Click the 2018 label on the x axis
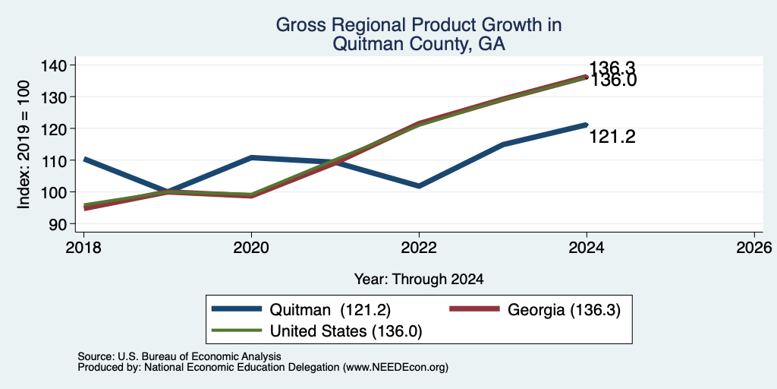pyautogui.click(x=83, y=247)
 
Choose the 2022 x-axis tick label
pyautogui.click(x=419, y=247)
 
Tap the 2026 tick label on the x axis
pyautogui.click(x=754, y=247)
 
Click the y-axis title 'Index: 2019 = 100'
pyautogui.click(x=24, y=145)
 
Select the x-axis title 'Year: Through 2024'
pyautogui.click(x=419, y=280)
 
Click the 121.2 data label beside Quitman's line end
pyautogui.click(x=612, y=137)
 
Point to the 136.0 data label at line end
pyautogui.click(x=612, y=81)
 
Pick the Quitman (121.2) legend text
pyautogui.click(x=331, y=310)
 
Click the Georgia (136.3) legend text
pyautogui.click(x=564, y=310)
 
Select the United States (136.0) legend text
pyautogui.click(x=346, y=331)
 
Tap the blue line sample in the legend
pyautogui.click(x=237, y=309)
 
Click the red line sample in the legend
pyautogui.click(x=473, y=309)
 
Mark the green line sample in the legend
pyautogui.click(x=237, y=330)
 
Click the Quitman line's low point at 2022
pyautogui.click(x=419, y=186)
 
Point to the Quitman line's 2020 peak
pyautogui.click(x=252, y=157)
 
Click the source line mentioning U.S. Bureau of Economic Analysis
pyautogui.click(x=179, y=356)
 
